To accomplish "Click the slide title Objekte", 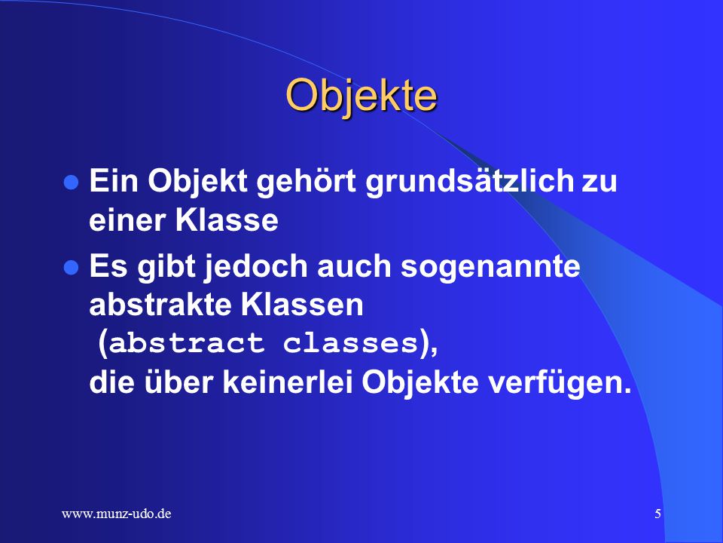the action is [361, 96].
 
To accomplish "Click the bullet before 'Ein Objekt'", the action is [71, 182].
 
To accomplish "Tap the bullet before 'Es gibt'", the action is [71, 267].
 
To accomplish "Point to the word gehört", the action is [306, 182].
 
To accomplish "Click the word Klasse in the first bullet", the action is [227, 219].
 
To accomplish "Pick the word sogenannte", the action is [490, 267].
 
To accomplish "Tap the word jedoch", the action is [256, 267].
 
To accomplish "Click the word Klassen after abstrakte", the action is [302, 305].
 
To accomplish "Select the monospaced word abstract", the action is [187, 344].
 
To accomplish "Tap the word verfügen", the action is [560, 383].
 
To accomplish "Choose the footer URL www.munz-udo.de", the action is [116, 514].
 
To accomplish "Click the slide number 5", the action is [658, 514].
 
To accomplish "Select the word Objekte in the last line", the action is [420, 383].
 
